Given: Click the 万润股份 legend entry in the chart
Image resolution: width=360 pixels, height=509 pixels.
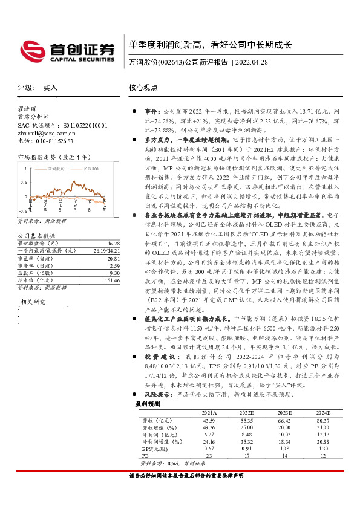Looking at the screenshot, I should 57,170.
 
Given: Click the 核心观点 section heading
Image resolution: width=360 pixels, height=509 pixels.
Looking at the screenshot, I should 143,87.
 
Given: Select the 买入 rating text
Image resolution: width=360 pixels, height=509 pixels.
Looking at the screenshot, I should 50,88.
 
